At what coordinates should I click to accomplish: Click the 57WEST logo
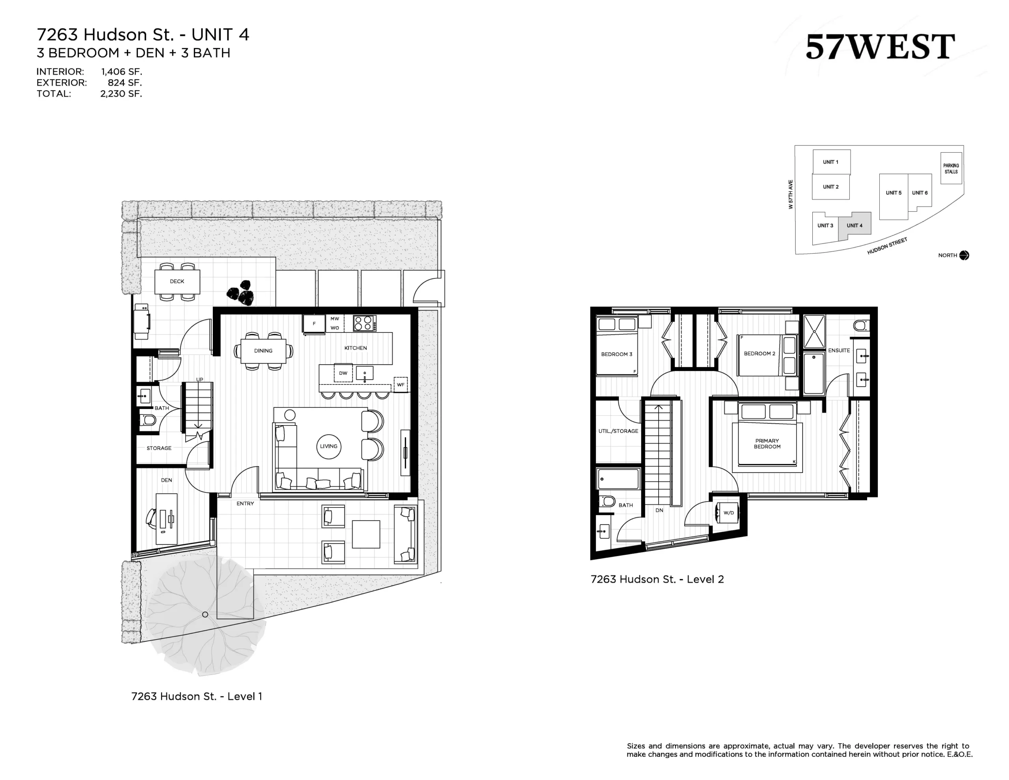pyautogui.click(x=880, y=47)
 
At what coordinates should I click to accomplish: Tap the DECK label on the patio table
pyautogui.click(x=177, y=281)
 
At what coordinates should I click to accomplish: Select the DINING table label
pyautogui.click(x=263, y=351)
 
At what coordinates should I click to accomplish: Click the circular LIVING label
pyautogui.click(x=328, y=446)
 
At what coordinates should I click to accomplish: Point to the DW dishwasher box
pyautogui.click(x=343, y=373)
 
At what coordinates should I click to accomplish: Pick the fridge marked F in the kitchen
pyautogui.click(x=314, y=324)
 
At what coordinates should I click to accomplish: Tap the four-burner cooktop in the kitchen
pyautogui.click(x=365, y=323)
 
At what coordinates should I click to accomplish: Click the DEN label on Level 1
pyautogui.click(x=166, y=480)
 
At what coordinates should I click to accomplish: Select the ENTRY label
pyautogui.click(x=245, y=504)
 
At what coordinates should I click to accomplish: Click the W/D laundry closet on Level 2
pyautogui.click(x=728, y=512)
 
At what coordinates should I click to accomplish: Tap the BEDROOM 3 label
pyautogui.click(x=616, y=354)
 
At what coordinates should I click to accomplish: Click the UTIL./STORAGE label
pyautogui.click(x=618, y=431)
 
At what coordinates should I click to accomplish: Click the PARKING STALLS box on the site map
pyautogui.click(x=951, y=168)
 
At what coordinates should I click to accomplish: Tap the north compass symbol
pyautogui.click(x=964, y=255)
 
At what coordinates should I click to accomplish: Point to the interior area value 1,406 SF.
pyautogui.click(x=121, y=72)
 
